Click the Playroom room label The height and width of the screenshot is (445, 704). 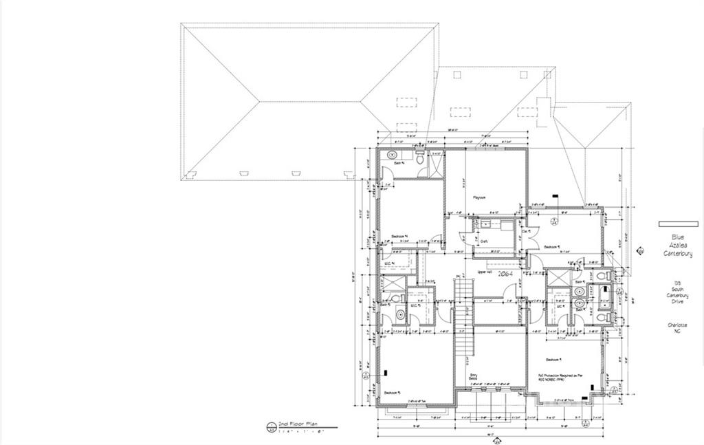coord(479,197)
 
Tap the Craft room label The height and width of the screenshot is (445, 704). coord(484,241)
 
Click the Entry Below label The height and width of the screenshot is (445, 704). coord(473,376)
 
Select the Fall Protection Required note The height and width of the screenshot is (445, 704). coord(560,378)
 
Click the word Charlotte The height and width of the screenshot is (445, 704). coord(677,325)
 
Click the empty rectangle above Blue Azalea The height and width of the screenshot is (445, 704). coord(678,224)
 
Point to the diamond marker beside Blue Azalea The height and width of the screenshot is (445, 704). coord(641,251)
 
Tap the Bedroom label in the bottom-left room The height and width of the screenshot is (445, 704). coord(393,392)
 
